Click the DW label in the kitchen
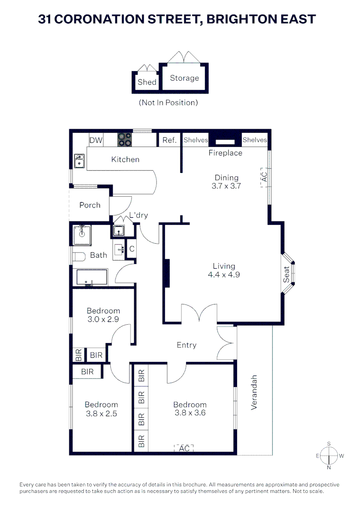(x=96, y=140)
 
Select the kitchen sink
(x=79, y=161)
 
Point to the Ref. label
(x=169, y=140)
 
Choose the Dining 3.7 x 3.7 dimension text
(x=227, y=186)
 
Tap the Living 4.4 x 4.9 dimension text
(x=224, y=274)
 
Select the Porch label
(x=90, y=205)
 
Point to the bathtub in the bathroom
(x=90, y=278)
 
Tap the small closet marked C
(x=132, y=248)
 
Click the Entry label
(x=186, y=345)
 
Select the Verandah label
(x=254, y=392)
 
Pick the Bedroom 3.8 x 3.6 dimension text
(x=190, y=413)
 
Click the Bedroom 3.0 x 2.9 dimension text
(x=103, y=319)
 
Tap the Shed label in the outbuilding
(x=147, y=82)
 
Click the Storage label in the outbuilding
(x=184, y=78)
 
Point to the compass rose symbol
(x=328, y=456)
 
